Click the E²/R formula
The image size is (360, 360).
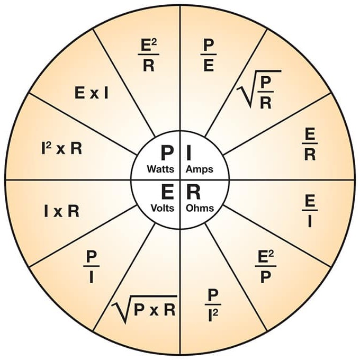149,56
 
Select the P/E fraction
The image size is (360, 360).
209,56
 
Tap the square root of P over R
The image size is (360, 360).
259,89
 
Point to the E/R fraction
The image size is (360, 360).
310,145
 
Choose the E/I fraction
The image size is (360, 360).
310,211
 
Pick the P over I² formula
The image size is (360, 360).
213,305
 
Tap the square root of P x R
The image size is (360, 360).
144,309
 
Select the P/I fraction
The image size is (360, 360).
92,267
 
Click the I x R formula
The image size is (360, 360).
61,211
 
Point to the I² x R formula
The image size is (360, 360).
61,149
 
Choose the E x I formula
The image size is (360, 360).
92,93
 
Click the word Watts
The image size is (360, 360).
160,169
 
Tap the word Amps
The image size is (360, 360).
200,169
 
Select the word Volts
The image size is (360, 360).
163,208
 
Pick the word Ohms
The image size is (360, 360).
200,208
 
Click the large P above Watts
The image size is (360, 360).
167,153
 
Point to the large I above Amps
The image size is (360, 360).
189,153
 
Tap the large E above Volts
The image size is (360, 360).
167,192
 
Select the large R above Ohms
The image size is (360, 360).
193,192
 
